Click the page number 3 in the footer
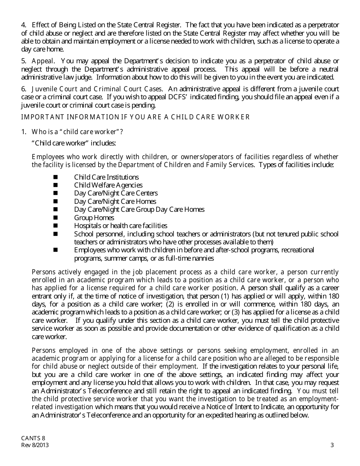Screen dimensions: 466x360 point(332,445)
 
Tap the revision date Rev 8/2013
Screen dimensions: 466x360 point(35,445)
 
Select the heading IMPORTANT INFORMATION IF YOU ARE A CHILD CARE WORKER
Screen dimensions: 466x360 point(135,117)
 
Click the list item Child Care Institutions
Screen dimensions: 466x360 point(106,177)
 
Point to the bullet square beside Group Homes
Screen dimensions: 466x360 point(56,217)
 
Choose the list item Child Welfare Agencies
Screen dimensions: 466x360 point(108,185)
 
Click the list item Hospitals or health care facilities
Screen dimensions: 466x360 point(121,225)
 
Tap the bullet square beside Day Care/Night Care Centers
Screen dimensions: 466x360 point(56,193)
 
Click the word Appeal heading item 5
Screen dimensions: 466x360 point(43,61)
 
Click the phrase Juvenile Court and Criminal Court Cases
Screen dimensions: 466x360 point(97,89)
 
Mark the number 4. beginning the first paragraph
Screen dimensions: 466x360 point(23,25)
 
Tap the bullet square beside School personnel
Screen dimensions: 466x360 point(56,234)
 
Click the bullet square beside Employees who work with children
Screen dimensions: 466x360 point(56,250)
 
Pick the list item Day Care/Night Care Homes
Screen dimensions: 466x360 point(115,201)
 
